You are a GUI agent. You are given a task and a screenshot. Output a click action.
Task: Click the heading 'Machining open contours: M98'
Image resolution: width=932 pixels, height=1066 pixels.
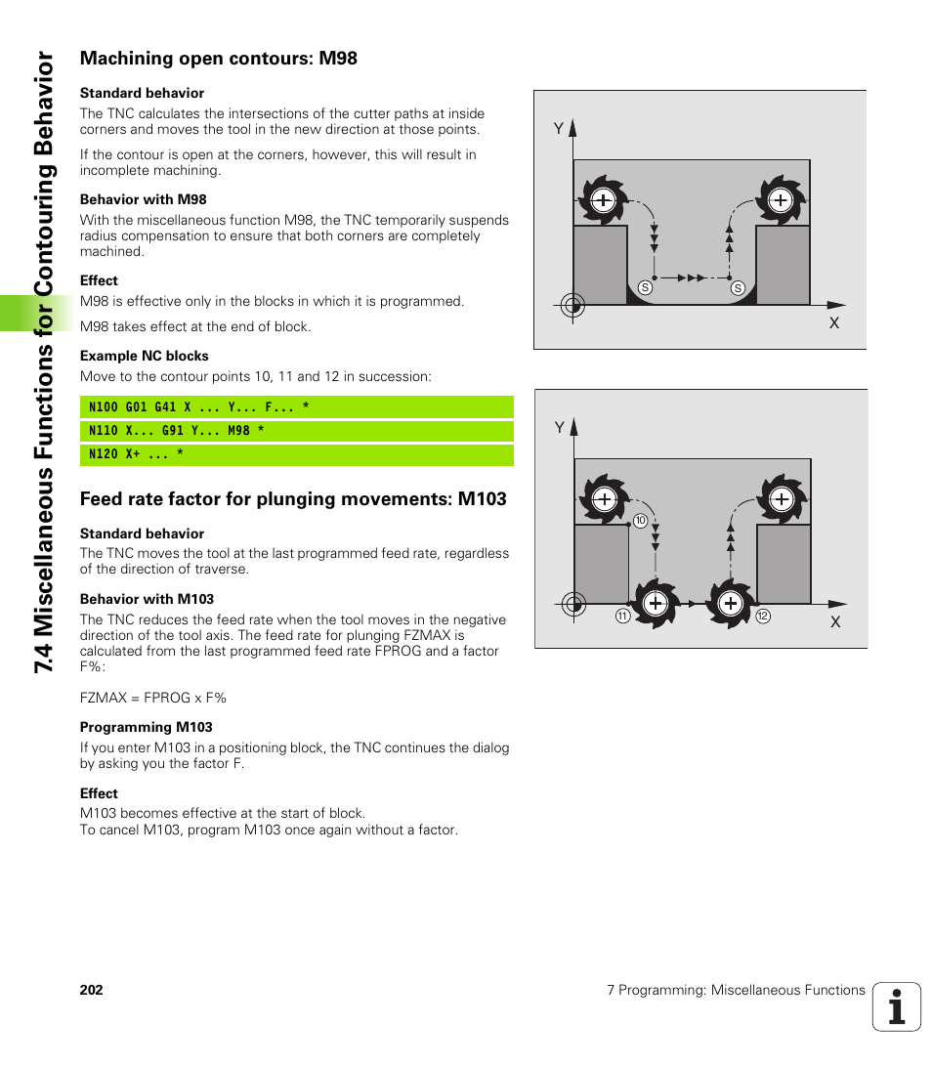click(x=218, y=59)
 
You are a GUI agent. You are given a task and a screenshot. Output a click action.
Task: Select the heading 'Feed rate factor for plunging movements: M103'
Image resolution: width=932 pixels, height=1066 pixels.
click(x=293, y=499)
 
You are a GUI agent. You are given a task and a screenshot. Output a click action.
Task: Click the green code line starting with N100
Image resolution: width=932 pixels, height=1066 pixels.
click(x=296, y=407)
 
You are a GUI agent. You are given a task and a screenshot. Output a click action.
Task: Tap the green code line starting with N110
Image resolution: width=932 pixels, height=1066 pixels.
click(x=296, y=431)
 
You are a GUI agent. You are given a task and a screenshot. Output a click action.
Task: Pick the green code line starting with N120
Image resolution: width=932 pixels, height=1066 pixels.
click(x=296, y=454)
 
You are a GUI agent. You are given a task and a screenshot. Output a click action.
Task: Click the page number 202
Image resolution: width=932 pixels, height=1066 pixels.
click(x=91, y=990)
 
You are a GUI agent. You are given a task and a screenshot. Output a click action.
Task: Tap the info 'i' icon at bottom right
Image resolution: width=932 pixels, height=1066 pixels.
click(x=897, y=1006)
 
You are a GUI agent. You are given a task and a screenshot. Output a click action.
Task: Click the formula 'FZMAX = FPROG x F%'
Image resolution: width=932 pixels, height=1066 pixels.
click(x=152, y=698)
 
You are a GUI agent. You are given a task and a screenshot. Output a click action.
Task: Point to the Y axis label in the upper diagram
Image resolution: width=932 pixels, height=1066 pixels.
click(x=559, y=129)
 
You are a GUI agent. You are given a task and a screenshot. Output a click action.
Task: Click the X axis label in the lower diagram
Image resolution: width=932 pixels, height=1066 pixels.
click(x=835, y=621)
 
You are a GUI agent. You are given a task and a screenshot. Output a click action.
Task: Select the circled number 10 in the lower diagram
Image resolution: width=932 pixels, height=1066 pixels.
click(x=640, y=521)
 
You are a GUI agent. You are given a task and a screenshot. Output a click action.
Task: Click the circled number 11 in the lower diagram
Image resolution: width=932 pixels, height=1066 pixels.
click(x=622, y=616)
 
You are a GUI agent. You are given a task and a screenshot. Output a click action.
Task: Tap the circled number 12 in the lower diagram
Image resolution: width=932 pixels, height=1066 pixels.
click(x=763, y=616)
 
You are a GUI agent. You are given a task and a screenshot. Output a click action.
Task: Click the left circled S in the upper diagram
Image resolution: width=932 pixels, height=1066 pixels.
click(x=645, y=287)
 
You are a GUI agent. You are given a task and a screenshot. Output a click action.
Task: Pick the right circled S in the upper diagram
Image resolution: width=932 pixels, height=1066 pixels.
click(x=738, y=287)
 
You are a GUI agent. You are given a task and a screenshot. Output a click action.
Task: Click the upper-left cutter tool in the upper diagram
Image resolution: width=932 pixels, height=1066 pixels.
click(x=603, y=200)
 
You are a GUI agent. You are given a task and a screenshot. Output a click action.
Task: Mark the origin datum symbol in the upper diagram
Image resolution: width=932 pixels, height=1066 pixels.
click(x=573, y=304)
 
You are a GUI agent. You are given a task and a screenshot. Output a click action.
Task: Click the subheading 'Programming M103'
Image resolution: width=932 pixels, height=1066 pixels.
click(x=146, y=727)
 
